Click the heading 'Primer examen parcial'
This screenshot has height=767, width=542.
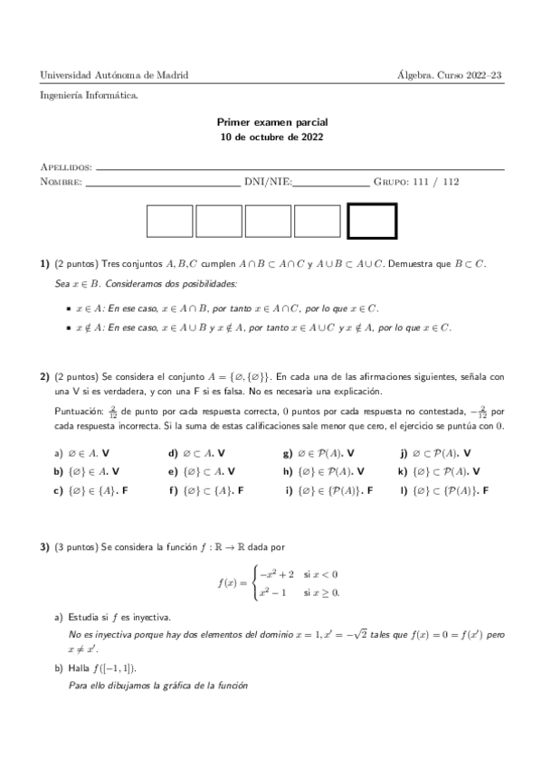pyautogui.click(x=271, y=121)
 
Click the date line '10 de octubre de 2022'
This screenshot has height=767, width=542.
pyautogui.click(x=271, y=137)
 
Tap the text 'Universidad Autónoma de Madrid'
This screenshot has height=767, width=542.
pyautogui.click(x=114, y=75)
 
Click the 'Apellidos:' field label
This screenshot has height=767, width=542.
pyautogui.click(x=66, y=167)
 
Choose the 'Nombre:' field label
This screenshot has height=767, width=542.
pyautogui.click(x=61, y=182)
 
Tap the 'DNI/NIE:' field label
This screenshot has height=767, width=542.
pyautogui.click(x=268, y=182)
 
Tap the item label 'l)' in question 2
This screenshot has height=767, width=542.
pyautogui.click(x=403, y=490)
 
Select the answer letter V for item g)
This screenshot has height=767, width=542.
pyautogui.click(x=351, y=451)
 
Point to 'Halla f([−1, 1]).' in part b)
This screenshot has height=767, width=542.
pyautogui.click(x=101, y=668)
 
